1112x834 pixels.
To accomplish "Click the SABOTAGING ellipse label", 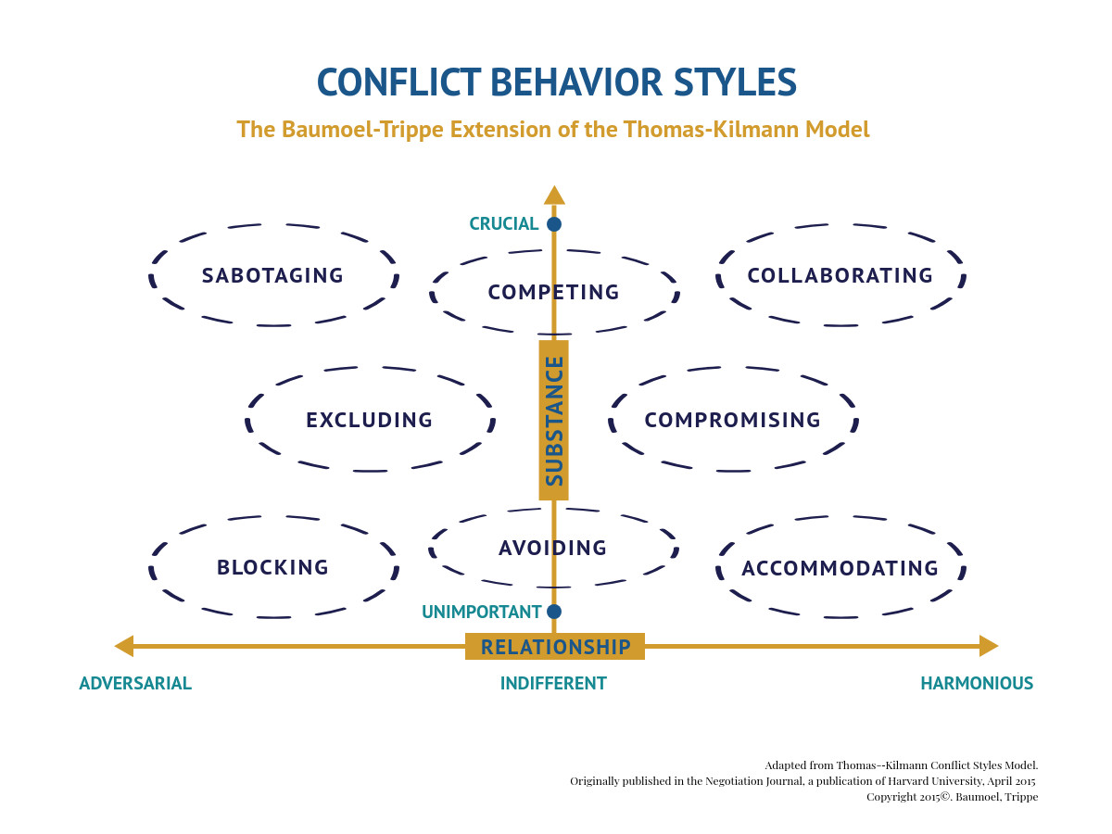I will pyautogui.click(x=272, y=275).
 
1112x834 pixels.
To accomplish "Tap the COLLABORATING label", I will pyautogui.click(x=840, y=275).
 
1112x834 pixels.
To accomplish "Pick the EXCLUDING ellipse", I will pyautogui.click(x=369, y=420).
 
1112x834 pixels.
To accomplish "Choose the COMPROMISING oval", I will pyautogui.click(x=732, y=420).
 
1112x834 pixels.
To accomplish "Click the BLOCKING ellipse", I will pyautogui.click(x=272, y=567).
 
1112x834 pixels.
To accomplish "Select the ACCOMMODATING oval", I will pyautogui.click(x=840, y=568).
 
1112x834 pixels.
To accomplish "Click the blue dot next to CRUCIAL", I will pyautogui.click(x=554, y=223).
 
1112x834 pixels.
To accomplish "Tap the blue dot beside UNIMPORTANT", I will pyautogui.click(x=554, y=612).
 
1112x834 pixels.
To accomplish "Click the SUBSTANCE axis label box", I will pyautogui.click(x=554, y=420).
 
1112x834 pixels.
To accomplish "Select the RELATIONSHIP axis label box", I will pyautogui.click(x=555, y=646).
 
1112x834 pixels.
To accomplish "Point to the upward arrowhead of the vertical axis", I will pyautogui.click(x=554, y=195).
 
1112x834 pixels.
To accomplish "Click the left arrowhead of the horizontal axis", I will pyautogui.click(x=123, y=646).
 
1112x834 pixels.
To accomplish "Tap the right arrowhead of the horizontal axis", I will pyautogui.click(x=989, y=646).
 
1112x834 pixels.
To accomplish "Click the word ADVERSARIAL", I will pyautogui.click(x=135, y=684).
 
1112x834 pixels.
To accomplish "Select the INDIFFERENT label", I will pyautogui.click(x=553, y=684).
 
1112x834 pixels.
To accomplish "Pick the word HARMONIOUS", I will pyautogui.click(x=976, y=684).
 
